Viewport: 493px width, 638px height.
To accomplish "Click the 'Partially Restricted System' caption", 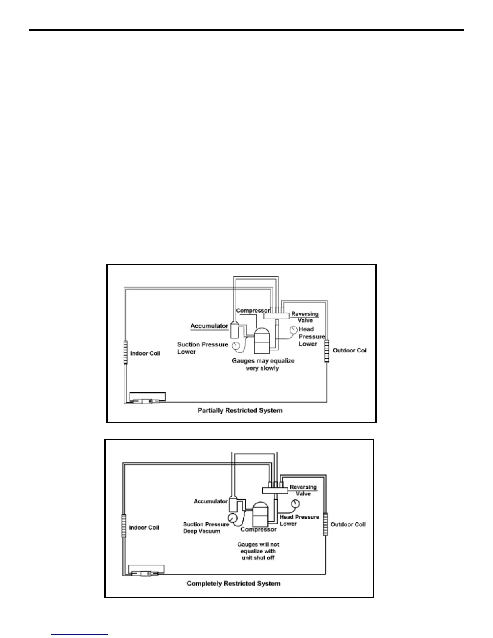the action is (240, 410).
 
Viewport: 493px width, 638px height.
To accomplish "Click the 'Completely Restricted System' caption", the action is (234, 583).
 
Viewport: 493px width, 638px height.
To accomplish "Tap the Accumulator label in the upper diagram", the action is (209, 326).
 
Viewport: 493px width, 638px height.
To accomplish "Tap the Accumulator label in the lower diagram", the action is (211, 501).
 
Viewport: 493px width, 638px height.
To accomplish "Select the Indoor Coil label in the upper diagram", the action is (145, 353).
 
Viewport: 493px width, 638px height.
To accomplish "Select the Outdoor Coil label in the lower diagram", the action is (348, 524).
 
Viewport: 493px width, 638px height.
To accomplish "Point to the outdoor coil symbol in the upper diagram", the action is (326, 351).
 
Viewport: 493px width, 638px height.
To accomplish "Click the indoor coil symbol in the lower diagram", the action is (124, 525).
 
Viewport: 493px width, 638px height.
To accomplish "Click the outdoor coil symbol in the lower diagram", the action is (325, 524).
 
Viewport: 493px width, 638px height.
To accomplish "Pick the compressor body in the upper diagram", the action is (263, 341).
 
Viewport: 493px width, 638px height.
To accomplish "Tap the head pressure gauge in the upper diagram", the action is (293, 330).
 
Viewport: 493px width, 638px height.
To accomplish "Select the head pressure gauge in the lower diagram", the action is (295, 503).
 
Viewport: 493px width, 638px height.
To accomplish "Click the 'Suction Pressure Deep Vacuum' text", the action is (205, 528).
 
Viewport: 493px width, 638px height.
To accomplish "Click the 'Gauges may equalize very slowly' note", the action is (263, 365).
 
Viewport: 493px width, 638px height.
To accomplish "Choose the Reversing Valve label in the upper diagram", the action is (304, 317).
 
